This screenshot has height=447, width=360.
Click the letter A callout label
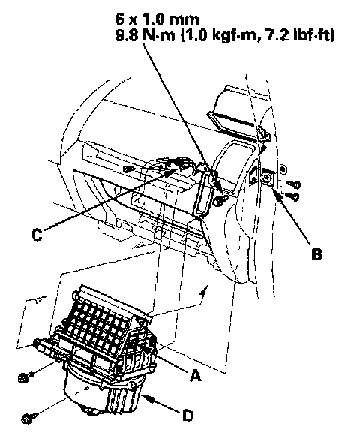pos(195,375)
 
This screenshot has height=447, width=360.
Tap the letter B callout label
pos(316,253)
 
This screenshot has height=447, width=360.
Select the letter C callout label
pos(37,235)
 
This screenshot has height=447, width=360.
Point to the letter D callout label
pos(187,415)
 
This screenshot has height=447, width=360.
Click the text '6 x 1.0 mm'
pos(157,19)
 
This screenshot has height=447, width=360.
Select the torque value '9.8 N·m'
pos(145,36)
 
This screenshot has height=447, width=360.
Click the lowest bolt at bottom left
pos(28,418)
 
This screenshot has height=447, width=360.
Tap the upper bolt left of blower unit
pos(24,377)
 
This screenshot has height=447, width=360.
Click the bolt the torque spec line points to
pos(220,200)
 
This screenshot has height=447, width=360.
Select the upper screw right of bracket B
pos(294,184)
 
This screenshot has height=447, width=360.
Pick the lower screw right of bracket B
pos(292,196)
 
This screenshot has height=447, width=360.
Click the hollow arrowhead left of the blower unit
pos(40,299)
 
